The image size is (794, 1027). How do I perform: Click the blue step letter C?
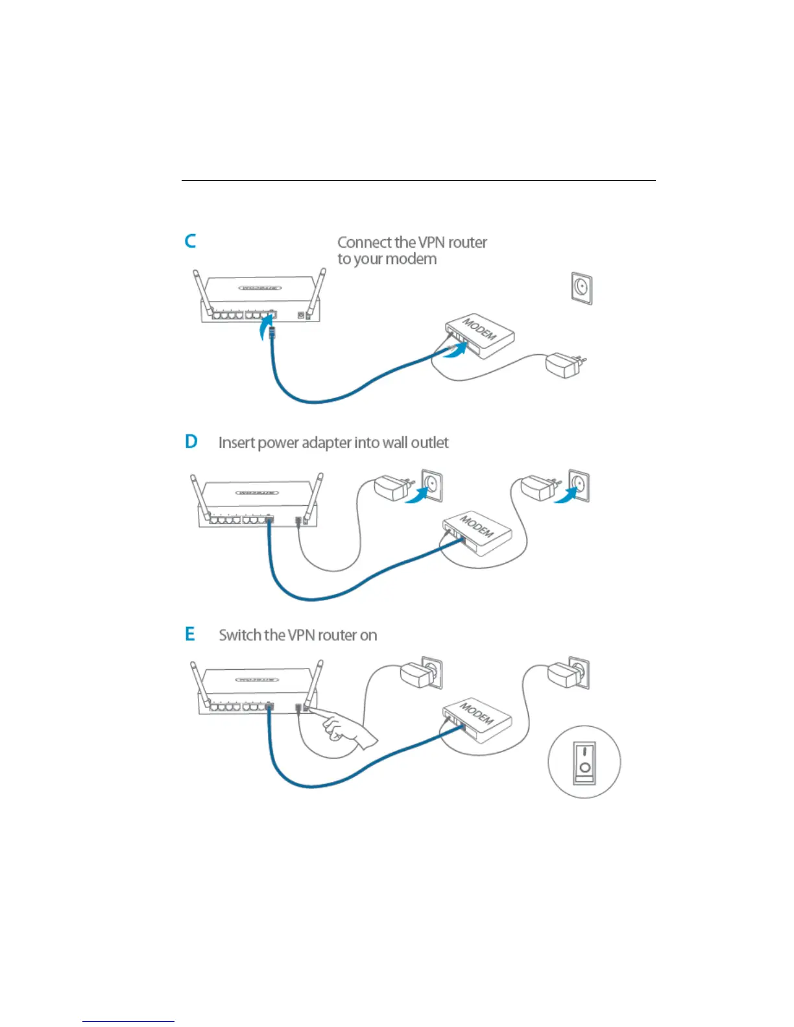pos(190,241)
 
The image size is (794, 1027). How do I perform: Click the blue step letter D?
pos(191,442)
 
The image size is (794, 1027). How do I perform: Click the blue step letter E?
pos(189,633)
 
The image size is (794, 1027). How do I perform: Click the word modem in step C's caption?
pos(413,259)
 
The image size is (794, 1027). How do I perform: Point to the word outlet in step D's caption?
pos(429,443)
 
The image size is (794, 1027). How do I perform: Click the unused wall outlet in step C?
pos(581,288)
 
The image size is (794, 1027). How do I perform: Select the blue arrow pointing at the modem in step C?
pos(455,351)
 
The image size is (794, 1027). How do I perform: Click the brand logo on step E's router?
pos(258,680)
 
